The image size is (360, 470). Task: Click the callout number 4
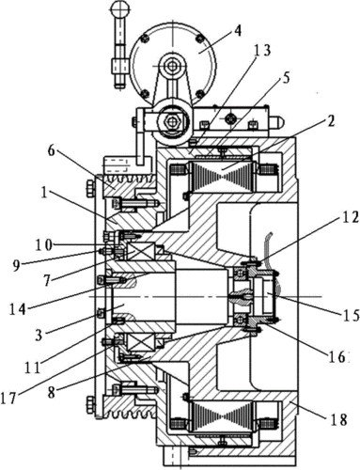(x=238, y=30)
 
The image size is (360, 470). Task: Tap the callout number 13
(x=261, y=51)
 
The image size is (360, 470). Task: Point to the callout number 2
(x=329, y=121)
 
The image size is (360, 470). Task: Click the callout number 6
(x=51, y=151)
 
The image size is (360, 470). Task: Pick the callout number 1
(x=43, y=193)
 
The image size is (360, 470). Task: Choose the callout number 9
(x=17, y=265)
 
